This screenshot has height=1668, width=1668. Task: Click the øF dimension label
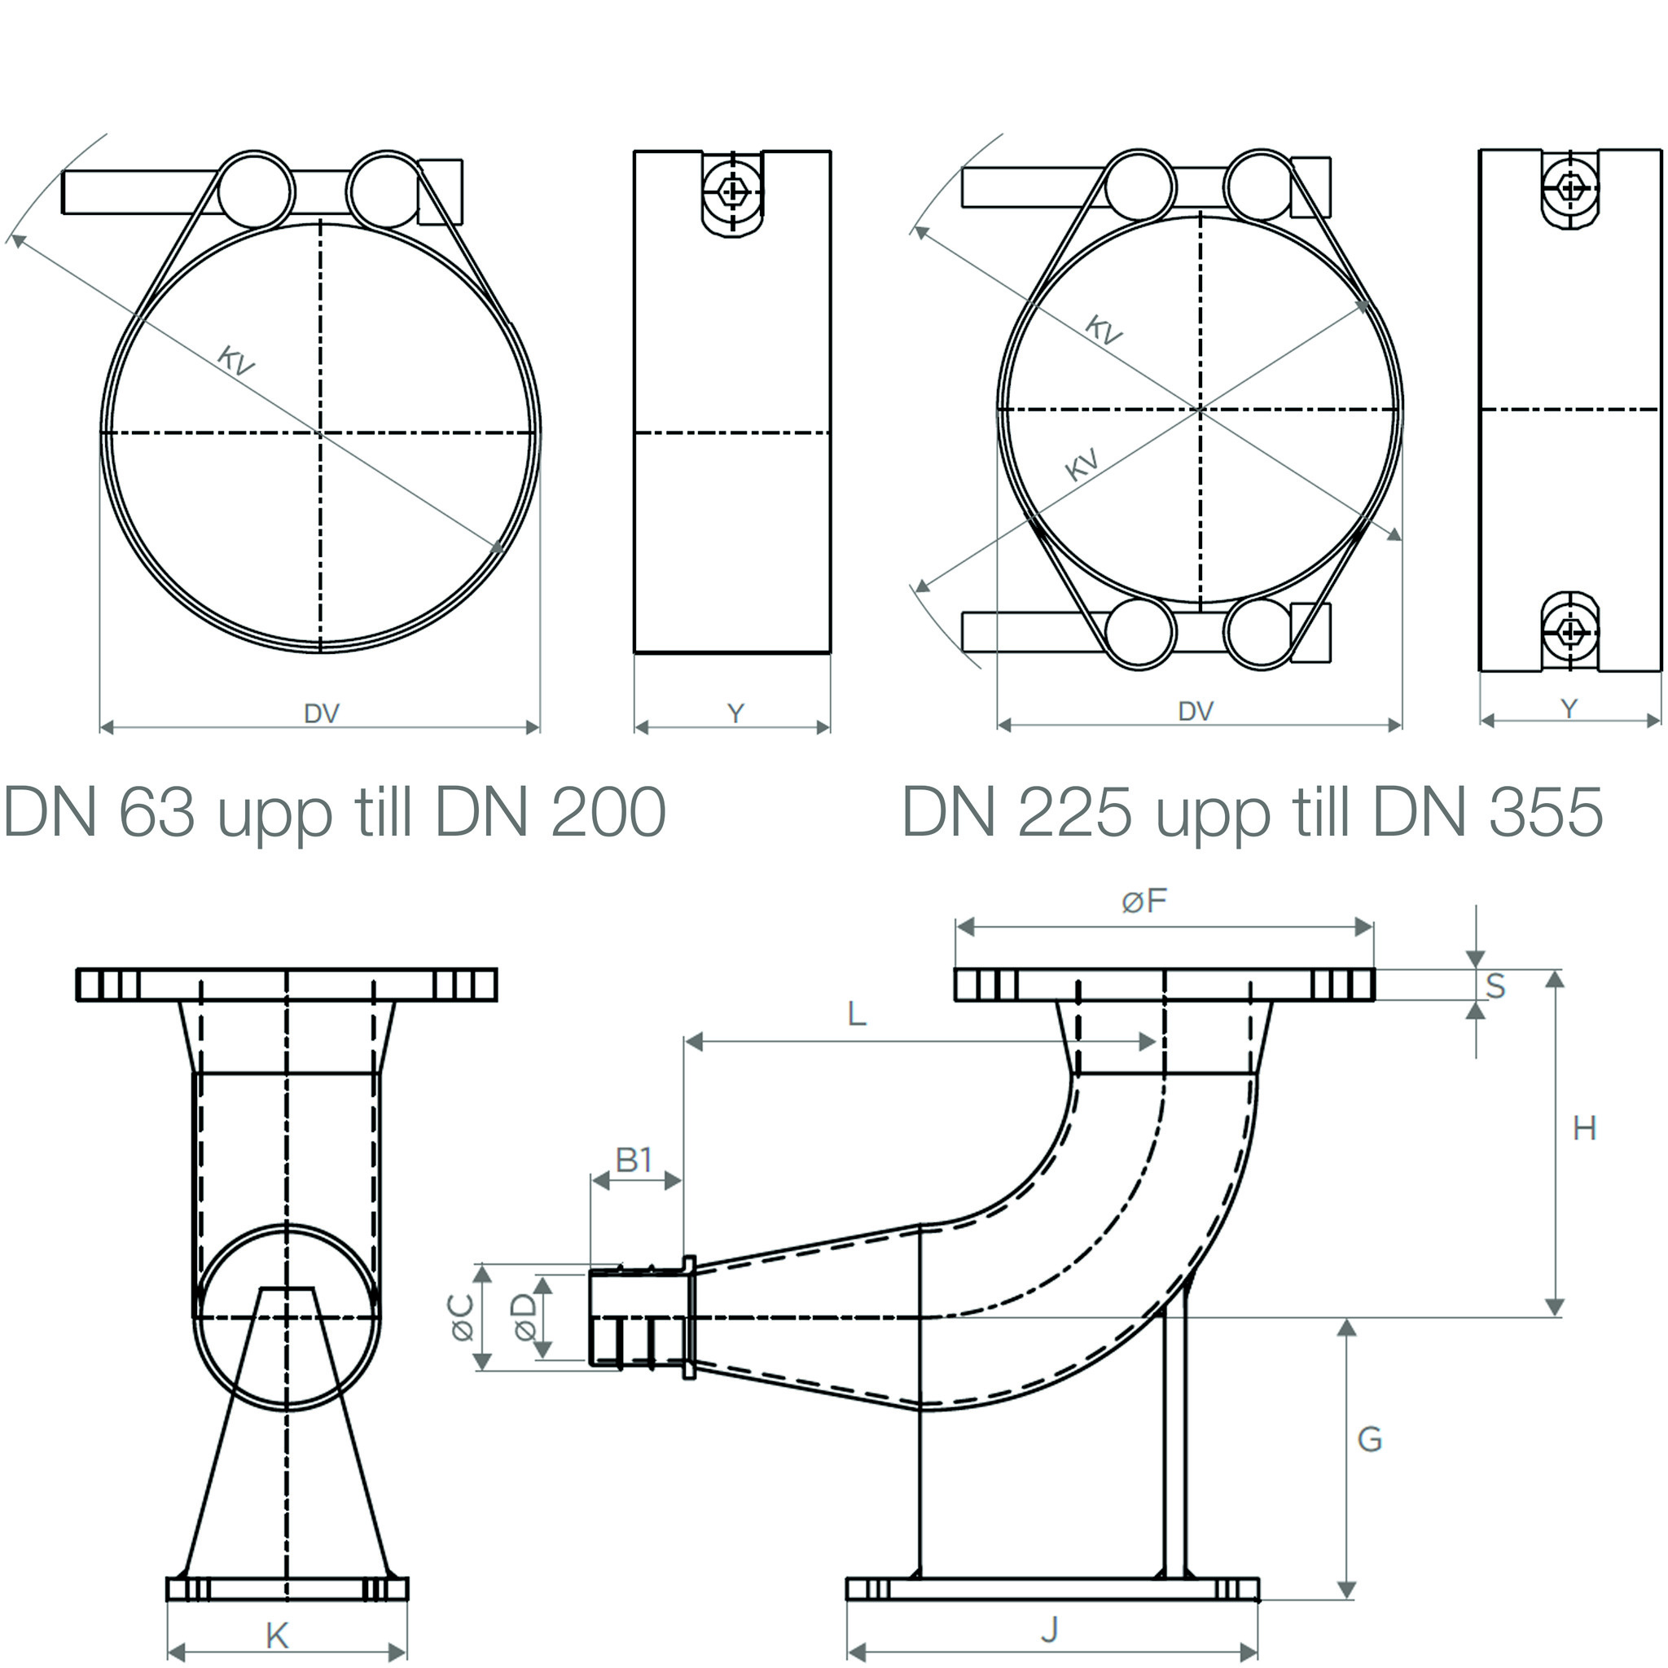(x=1144, y=902)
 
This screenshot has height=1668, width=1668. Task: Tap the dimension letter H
(x=1584, y=1128)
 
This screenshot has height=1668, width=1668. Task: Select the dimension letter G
(x=1370, y=1439)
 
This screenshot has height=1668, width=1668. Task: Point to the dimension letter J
(x=1050, y=1629)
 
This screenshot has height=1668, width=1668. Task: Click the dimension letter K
(x=277, y=1635)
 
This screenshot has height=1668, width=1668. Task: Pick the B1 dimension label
(x=634, y=1161)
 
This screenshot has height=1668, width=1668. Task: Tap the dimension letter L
(x=857, y=1013)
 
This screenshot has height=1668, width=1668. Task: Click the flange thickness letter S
(x=1495, y=986)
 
